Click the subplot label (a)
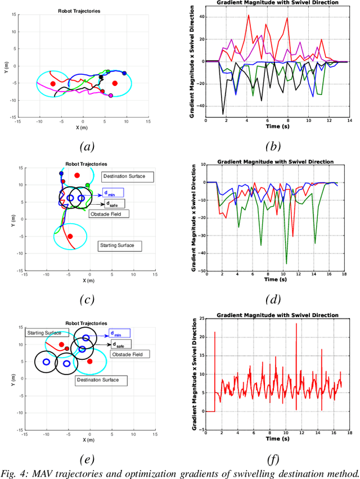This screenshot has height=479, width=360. (85, 147)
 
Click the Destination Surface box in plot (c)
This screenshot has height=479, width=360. (128, 177)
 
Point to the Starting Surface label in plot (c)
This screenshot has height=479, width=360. (120, 246)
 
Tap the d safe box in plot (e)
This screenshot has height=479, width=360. (120, 344)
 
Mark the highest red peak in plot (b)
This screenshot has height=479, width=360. (249, 15)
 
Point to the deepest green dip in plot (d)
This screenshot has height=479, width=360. (286, 264)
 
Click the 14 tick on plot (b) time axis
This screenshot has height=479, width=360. (349, 121)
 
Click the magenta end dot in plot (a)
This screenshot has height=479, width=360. (110, 96)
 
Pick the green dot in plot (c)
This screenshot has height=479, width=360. (87, 185)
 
